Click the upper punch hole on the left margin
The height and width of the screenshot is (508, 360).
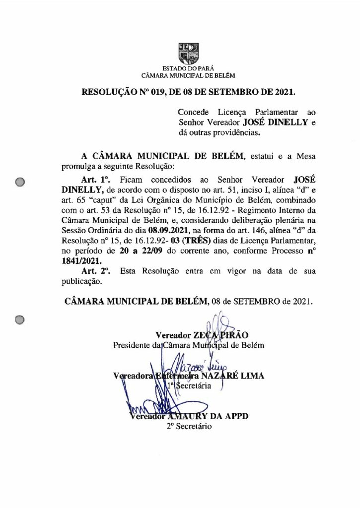click(20, 182)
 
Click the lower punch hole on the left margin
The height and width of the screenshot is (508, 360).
click(20, 320)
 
